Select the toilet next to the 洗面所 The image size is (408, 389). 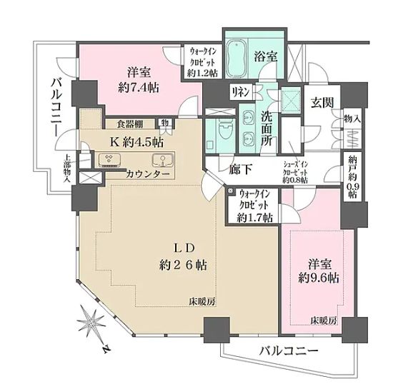(224, 129)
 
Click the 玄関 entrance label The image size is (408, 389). (319, 101)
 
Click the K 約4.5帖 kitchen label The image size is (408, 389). (136, 141)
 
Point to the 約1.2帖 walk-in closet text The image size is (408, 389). (203, 73)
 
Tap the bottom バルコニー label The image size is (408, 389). (276, 351)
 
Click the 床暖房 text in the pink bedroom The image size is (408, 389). (323, 321)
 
